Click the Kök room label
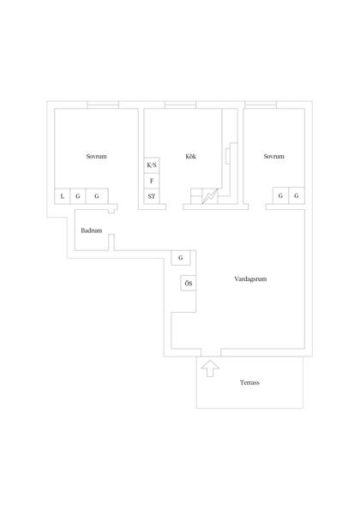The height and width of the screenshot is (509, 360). (190, 156)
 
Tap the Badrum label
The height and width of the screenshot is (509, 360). (91, 231)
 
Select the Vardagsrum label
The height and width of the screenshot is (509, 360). (250, 278)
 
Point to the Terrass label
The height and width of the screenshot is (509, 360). (249, 382)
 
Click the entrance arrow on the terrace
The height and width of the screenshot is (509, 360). (210, 368)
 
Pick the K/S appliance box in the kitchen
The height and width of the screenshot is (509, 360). (152, 165)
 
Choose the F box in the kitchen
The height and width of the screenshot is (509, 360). (152, 181)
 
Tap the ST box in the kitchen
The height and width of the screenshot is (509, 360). (152, 196)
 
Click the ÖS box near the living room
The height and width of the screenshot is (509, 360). (189, 284)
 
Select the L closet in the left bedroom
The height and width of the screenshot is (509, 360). (63, 196)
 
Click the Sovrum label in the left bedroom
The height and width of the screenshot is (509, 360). (96, 156)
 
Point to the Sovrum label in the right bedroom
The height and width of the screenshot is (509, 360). (274, 156)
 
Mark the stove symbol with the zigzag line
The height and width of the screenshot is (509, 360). (210, 196)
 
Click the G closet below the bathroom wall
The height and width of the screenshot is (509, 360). (181, 258)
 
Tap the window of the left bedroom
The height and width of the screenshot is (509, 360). (103, 105)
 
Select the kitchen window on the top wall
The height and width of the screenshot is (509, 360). (181, 105)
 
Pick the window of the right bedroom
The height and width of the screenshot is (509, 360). (261, 105)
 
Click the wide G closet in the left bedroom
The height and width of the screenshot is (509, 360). (97, 196)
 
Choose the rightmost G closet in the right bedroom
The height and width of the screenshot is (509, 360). (297, 195)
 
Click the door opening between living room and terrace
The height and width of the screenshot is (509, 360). (211, 352)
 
